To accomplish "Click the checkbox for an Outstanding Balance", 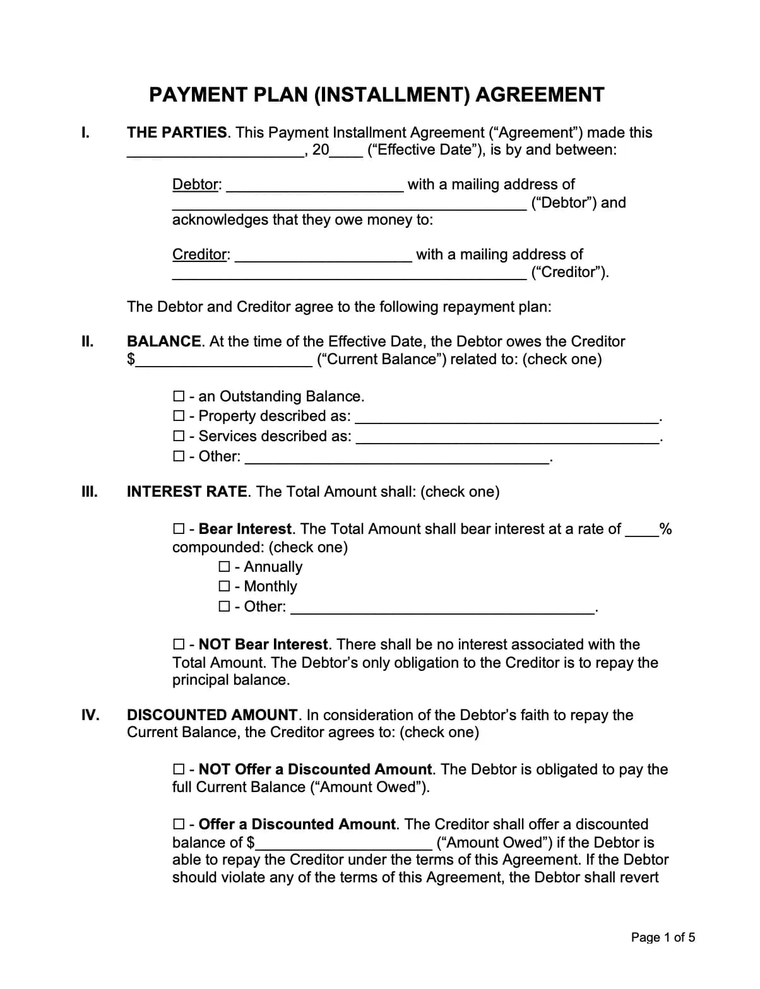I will (x=179, y=396).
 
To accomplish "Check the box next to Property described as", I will (x=179, y=416).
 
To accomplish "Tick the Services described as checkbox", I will (x=179, y=436).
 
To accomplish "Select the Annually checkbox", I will (x=224, y=567).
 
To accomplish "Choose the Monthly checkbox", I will (x=224, y=586).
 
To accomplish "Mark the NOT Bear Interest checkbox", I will (x=179, y=644).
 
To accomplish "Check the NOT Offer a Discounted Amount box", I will (x=179, y=769).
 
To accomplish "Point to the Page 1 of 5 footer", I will (x=663, y=937).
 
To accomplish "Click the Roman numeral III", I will (x=90, y=492).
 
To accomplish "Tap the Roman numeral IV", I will (x=90, y=715).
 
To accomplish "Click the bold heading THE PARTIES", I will (x=177, y=133).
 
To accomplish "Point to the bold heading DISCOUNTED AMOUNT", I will (x=212, y=715).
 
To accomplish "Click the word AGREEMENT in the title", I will (x=540, y=95).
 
